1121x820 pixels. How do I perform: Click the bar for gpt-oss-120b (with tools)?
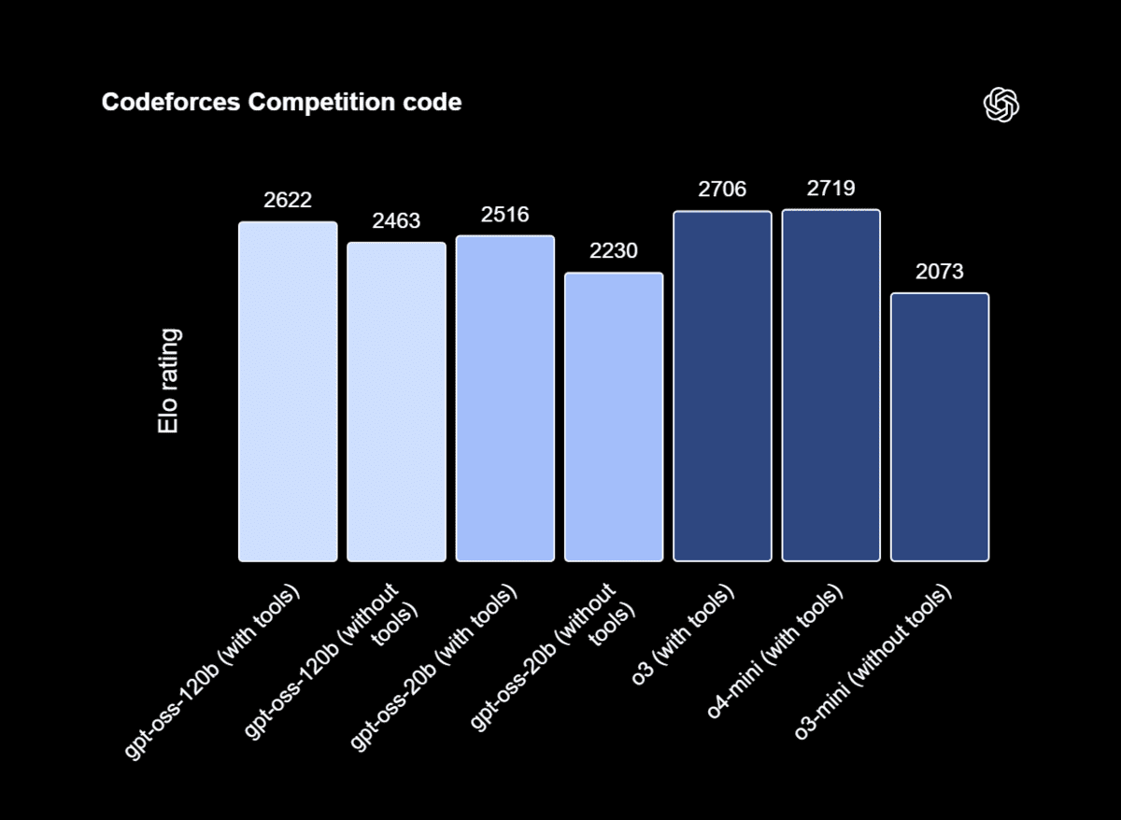coord(288,392)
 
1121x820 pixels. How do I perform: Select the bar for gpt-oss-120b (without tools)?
coord(396,403)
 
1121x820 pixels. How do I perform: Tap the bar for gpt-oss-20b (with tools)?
coord(505,399)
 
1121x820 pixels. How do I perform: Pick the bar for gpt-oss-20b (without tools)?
coord(614,417)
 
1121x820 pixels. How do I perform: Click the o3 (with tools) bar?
coord(722,387)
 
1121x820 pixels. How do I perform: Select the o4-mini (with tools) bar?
coord(830,386)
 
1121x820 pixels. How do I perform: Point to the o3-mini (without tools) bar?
coord(940,428)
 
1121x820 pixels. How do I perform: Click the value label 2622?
coord(288,200)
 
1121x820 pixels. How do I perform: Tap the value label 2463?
coord(396,221)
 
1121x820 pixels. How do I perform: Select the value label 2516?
coord(505,215)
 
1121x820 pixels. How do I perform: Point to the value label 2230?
coord(614,251)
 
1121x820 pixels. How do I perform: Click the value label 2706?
coord(722,190)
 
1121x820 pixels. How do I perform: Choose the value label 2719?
coord(830,189)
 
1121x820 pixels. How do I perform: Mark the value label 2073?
coord(940,272)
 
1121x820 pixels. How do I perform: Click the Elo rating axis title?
coord(169,381)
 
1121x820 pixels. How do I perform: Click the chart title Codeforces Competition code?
coord(281,103)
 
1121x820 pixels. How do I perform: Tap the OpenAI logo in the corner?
coord(1001,105)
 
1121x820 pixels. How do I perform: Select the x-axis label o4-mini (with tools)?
coord(775,653)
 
